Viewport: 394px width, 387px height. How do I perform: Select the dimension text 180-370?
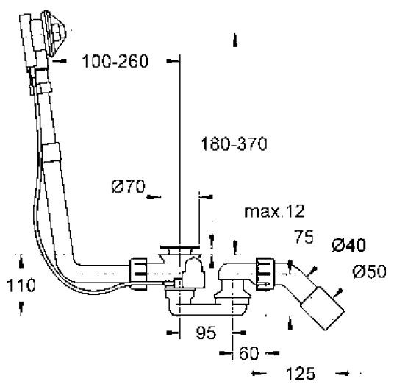point(232,144)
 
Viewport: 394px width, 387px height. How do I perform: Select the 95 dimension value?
point(207,333)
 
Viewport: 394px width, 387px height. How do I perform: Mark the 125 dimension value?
point(298,374)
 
